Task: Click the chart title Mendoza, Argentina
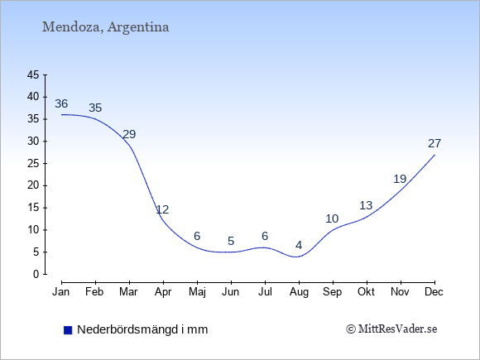[105, 27]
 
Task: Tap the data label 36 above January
[61, 103]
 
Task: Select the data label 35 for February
[95, 108]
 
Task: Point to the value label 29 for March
[129, 134]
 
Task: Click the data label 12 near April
[162, 209]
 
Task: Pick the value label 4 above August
[299, 245]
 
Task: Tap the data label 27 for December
[434, 143]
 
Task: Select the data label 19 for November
[400, 179]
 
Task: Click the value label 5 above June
[231, 241]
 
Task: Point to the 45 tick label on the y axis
[33, 75]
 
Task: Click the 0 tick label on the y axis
[36, 274]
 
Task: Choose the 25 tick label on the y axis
[33, 164]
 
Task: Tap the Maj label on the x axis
[197, 292]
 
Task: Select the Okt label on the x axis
[366, 292]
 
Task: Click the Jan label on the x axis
[61, 292]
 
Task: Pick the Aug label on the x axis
[299, 292]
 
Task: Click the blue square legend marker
[68, 330]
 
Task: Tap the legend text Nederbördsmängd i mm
[142, 329]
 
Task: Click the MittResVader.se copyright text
[391, 329]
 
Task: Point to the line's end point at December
[434, 155]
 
